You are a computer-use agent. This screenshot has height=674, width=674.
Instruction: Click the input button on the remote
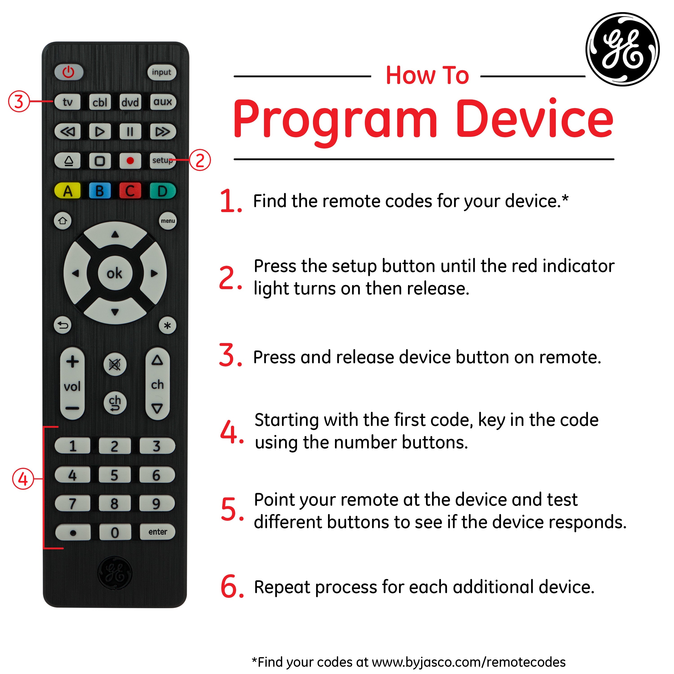point(162,72)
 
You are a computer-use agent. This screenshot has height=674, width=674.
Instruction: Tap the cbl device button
point(100,102)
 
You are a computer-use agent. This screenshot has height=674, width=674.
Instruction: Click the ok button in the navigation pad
point(115,273)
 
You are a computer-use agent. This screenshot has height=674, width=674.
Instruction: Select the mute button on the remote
point(115,365)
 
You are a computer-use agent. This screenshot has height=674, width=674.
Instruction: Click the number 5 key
point(114,475)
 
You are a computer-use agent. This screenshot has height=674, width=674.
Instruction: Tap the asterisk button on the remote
point(167,326)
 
